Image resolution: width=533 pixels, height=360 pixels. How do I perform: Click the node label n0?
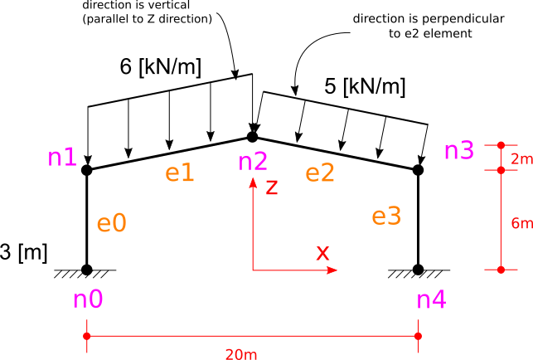88,299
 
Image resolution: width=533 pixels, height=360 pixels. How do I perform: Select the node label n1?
62,158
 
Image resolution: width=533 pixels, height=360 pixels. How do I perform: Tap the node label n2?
253,162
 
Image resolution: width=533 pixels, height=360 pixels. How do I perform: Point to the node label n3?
459,150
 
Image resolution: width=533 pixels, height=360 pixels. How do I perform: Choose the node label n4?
432,299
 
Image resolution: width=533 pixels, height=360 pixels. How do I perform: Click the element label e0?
112,223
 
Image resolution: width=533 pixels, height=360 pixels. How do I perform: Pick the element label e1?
180,173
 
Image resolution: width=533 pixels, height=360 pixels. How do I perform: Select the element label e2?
320,173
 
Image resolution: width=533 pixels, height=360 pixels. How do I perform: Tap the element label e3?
386,216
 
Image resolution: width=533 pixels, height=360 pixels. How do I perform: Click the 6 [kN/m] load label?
161,66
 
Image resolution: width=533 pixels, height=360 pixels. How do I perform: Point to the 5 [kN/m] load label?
365,86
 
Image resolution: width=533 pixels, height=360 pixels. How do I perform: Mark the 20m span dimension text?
241,354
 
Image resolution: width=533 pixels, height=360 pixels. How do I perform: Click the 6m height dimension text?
521,223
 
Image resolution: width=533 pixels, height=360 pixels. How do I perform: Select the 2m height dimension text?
521,159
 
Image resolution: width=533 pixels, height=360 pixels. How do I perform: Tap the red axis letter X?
322,252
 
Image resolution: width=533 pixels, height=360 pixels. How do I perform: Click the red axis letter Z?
272,187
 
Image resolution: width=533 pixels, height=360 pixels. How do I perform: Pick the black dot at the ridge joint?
252,137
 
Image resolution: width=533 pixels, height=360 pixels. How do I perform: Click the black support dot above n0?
87,270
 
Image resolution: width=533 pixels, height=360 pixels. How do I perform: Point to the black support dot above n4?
418,270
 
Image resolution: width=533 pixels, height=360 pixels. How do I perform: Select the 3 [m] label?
23,253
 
